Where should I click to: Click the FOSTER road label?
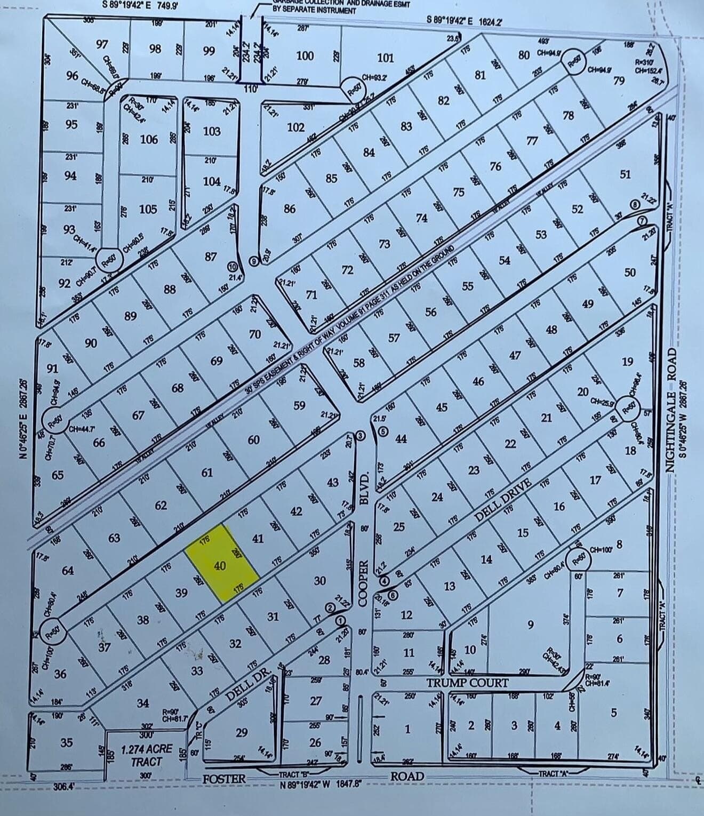click(x=225, y=779)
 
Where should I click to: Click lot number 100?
click(x=305, y=55)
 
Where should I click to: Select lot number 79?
click(x=619, y=81)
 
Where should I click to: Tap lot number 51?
click(x=626, y=174)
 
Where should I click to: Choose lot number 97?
click(x=102, y=44)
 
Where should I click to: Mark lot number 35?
click(x=67, y=742)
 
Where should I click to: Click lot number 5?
click(x=613, y=713)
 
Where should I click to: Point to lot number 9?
click(x=530, y=624)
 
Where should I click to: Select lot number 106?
click(x=149, y=139)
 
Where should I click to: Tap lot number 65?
click(x=58, y=475)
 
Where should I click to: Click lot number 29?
click(x=241, y=732)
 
